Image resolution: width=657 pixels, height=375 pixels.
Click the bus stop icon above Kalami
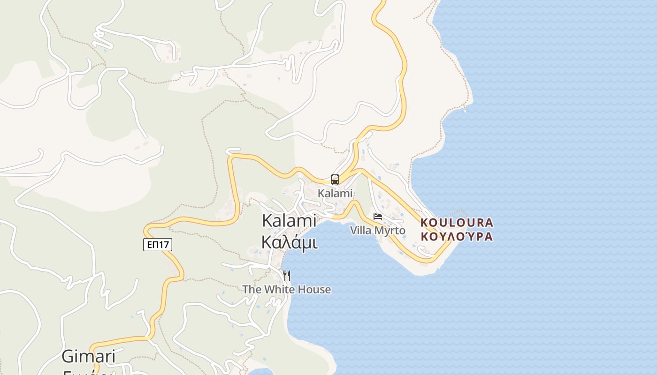pyautogui.click(x=335, y=179)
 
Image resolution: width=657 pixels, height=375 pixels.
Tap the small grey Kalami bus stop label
pyautogui.click(x=335, y=193)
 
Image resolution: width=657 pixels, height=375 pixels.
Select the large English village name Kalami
pyautogui.click(x=289, y=220)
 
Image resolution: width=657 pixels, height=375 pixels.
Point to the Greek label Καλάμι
pyautogui.click(x=289, y=242)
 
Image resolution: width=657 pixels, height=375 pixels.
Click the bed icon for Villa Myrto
pyautogui.click(x=378, y=217)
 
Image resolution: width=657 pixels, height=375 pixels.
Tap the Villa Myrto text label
pyautogui.click(x=378, y=231)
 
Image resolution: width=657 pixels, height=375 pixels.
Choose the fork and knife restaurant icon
pyautogui.click(x=286, y=275)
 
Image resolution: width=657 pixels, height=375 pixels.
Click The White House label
pyautogui.click(x=286, y=290)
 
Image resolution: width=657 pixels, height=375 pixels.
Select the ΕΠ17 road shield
pyautogui.click(x=158, y=244)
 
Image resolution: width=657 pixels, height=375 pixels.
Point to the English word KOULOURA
pyautogui.click(x=457, y=223)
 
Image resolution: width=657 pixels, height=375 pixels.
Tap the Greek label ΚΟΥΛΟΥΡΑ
pyautogui.click(x=457, y=236)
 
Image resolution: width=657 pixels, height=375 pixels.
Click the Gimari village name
pyautogui.click(x=89, y=357)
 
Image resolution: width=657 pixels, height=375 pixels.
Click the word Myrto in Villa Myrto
pyautogui.click(x=390, y=231)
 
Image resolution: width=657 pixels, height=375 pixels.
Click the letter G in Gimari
pyautogui.click(x=68, y=357)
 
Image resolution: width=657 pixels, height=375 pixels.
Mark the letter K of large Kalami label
pyautogui.click(x=267, y=220)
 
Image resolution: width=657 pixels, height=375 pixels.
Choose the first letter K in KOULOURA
pyautogui.click(x=424, y=223)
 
